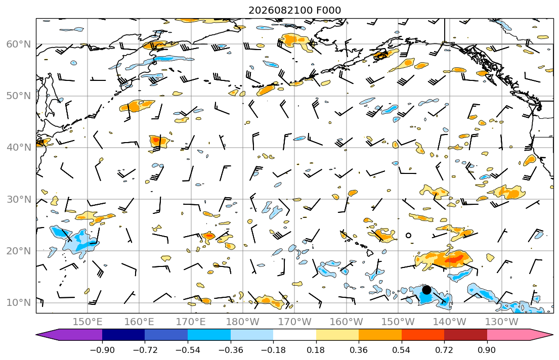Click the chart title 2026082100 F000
pos(294,10)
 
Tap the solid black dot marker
pos(426,290)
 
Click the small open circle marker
pos(409,235)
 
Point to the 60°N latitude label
pos(19,44)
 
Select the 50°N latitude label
pos(19,96)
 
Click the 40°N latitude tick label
pos(19,147)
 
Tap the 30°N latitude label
pos(19,199)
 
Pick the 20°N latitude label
pos(19,251)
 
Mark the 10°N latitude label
pos(19,302)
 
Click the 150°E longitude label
pos(88,322)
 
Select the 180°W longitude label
pos(243,322)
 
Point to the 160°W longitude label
pos(346,322)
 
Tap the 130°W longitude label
pos(502,322)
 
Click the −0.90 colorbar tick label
pos(102,350)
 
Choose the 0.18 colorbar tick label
pos(316,350)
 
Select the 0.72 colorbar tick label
pos(444,350)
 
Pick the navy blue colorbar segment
pos(123,335)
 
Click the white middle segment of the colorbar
pos(294,335)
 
